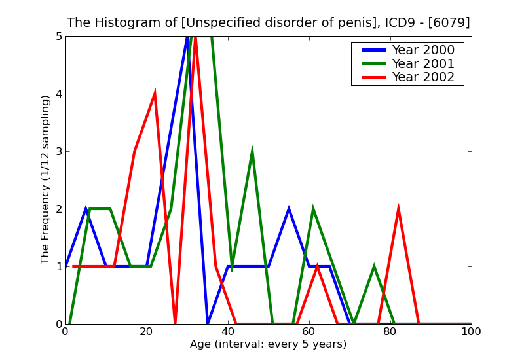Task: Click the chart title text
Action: pyautogui.click(x=268, y=22)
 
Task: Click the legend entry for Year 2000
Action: pyautogui.click(x=422, y=50)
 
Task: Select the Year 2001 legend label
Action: pyautogui.click(x=422, y=63)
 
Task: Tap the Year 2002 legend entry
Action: pyautogui.click(x=422, y=77)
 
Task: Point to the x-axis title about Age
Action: pyautogui.click(x=268, y=344)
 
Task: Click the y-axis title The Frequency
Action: pyautogui.click(x=46, y=179)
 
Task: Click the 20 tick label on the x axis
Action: pyautogui.click(x=147, y=332)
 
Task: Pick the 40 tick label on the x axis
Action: pyautogui.click(x=228, y=332)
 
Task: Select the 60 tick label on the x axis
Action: pyautogui.click(x=309, y=332)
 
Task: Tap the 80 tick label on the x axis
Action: pyautogui.click(x=390, y=332)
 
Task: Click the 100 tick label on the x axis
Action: pyautogui.click(x=471, y=332)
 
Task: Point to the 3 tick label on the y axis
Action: pyautogui.click(x=58, y=151)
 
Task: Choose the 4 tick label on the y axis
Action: pyautogui.click(x=58, y=94)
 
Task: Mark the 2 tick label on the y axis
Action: pyautogui.click(x=58, y=209)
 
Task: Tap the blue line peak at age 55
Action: pyautogui.click(x=289, y=209)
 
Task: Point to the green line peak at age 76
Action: pyautogui.click(x=373, y=267)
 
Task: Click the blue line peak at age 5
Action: pyautogui.click(x=86, y=209)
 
